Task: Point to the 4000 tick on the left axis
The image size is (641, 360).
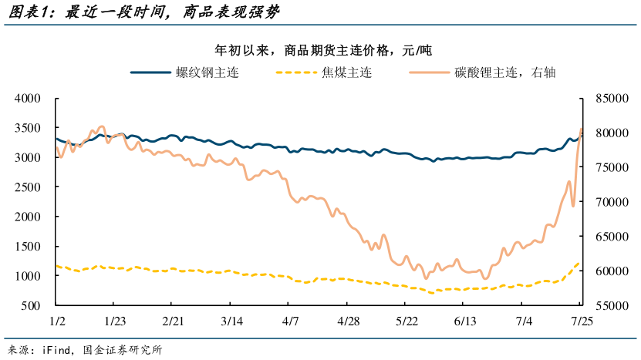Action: click(x=28, y=99)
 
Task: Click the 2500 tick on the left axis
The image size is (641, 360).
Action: click(x=28, y=187)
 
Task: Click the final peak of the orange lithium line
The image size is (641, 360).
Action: click(x=581, y=129)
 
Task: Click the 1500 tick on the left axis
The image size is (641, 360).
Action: click(x=28, y=247)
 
